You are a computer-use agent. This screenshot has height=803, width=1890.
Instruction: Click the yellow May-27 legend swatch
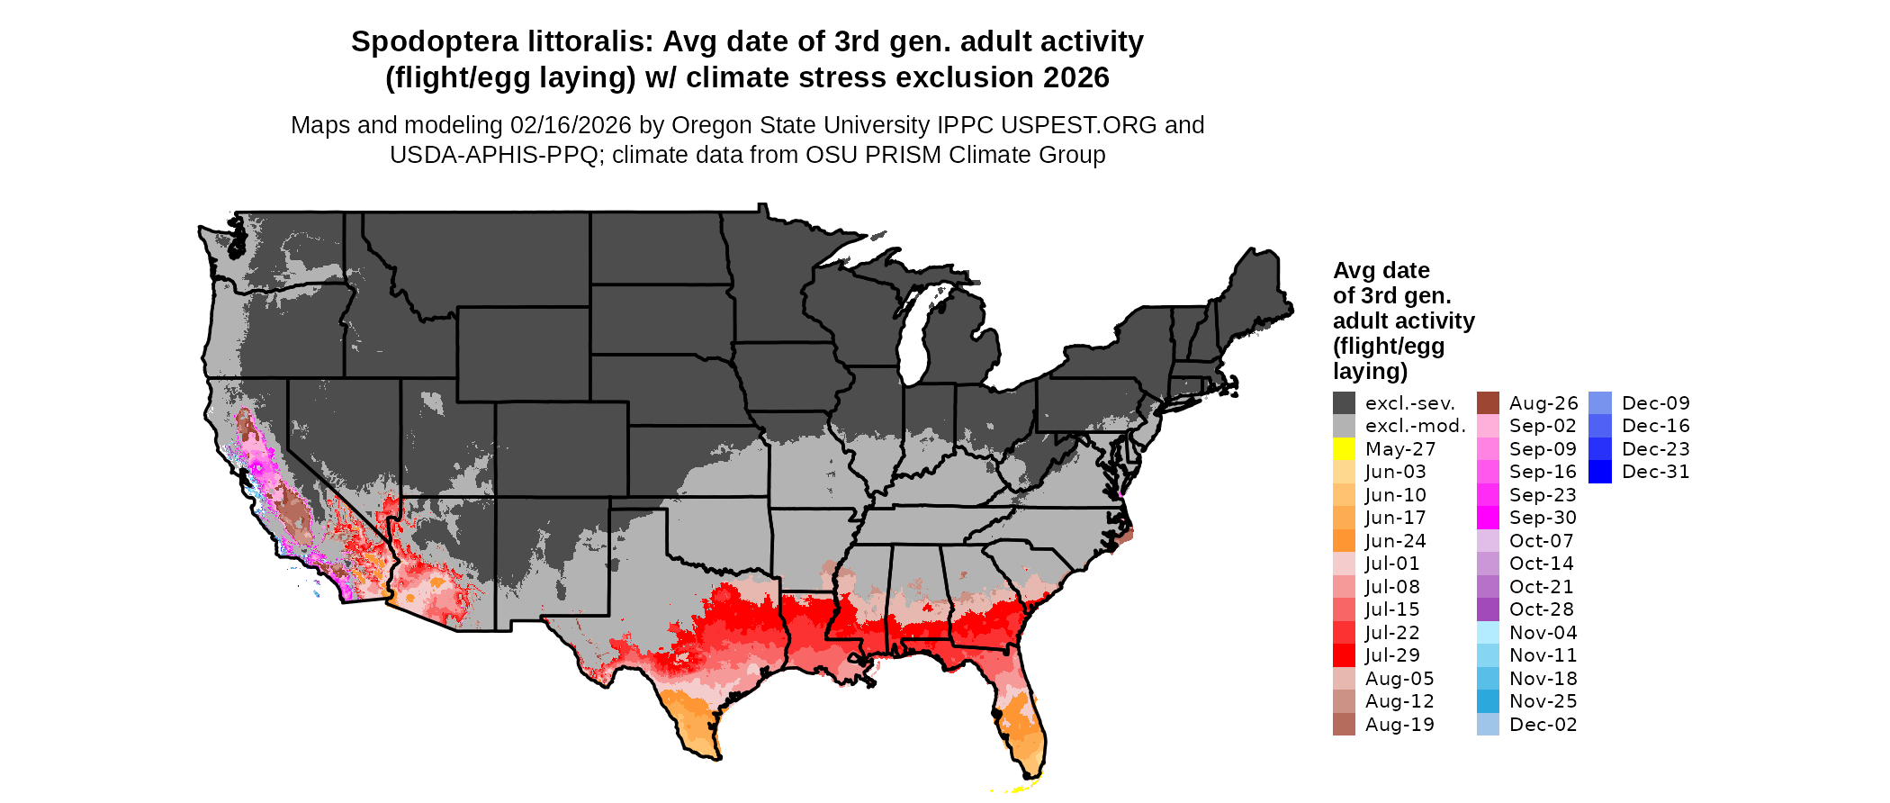[1344, 449]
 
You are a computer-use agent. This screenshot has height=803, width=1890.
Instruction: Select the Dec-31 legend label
[1655, 472]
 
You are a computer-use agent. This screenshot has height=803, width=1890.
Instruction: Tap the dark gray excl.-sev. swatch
[1344, 403]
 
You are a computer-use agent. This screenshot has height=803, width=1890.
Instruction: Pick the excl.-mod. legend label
[1415, 426]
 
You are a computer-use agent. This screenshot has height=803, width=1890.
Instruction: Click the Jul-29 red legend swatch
[1344, 655]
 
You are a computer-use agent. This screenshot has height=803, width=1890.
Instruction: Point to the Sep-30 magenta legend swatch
[1488, 518]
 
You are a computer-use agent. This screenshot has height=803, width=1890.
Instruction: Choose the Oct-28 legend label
[1541, 609]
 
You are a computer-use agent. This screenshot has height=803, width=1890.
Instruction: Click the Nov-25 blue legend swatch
[1488, 701]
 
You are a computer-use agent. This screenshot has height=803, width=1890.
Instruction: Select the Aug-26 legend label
[1543, 403]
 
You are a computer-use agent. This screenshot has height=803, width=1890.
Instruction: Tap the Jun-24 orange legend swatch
[1344, 541]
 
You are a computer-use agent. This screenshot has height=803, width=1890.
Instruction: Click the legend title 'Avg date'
[1381, 270]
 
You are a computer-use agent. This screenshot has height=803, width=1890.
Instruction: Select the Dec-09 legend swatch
[1599, 403]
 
